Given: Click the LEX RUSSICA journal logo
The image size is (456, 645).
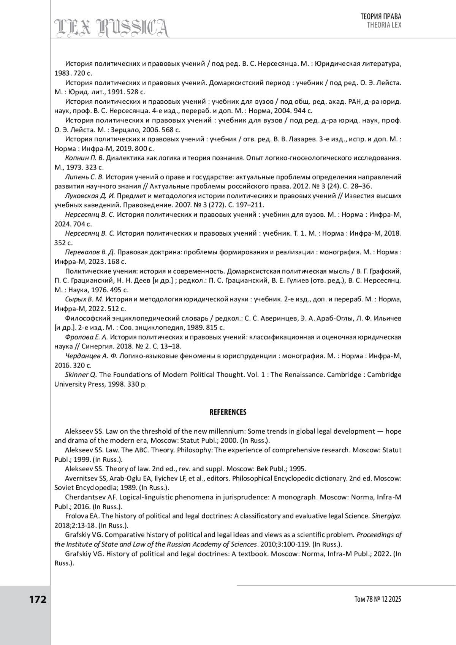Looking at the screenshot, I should pos(112,28).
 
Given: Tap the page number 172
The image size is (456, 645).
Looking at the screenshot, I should pos(38,599).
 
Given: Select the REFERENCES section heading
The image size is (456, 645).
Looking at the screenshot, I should pos(228,412).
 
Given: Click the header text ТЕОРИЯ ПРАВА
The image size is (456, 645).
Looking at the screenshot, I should pos(381,16).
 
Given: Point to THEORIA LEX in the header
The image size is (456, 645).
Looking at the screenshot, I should pos(384,25).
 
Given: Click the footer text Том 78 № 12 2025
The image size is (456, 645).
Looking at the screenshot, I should pos(378,599).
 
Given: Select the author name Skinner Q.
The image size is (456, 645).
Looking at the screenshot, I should pos(81,374).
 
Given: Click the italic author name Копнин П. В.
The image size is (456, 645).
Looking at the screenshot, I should pos(84,158).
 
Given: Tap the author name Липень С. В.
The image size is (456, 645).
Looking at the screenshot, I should pos(84,177).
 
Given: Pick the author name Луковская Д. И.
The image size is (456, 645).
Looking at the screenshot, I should pos(90,196).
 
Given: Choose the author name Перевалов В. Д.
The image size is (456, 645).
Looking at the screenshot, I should pos(90,252).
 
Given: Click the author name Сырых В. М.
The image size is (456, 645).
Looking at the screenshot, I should pos(84,299).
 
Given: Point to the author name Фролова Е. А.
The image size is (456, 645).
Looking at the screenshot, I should pos(87,337).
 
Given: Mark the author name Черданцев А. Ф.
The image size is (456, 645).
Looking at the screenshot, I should pos(91,356).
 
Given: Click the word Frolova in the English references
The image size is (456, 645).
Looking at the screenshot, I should pos(76,516).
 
